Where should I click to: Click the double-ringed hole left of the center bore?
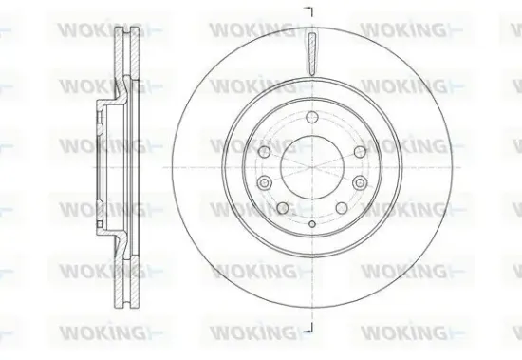click(265, 182)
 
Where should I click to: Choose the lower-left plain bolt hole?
click(282, 206)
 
